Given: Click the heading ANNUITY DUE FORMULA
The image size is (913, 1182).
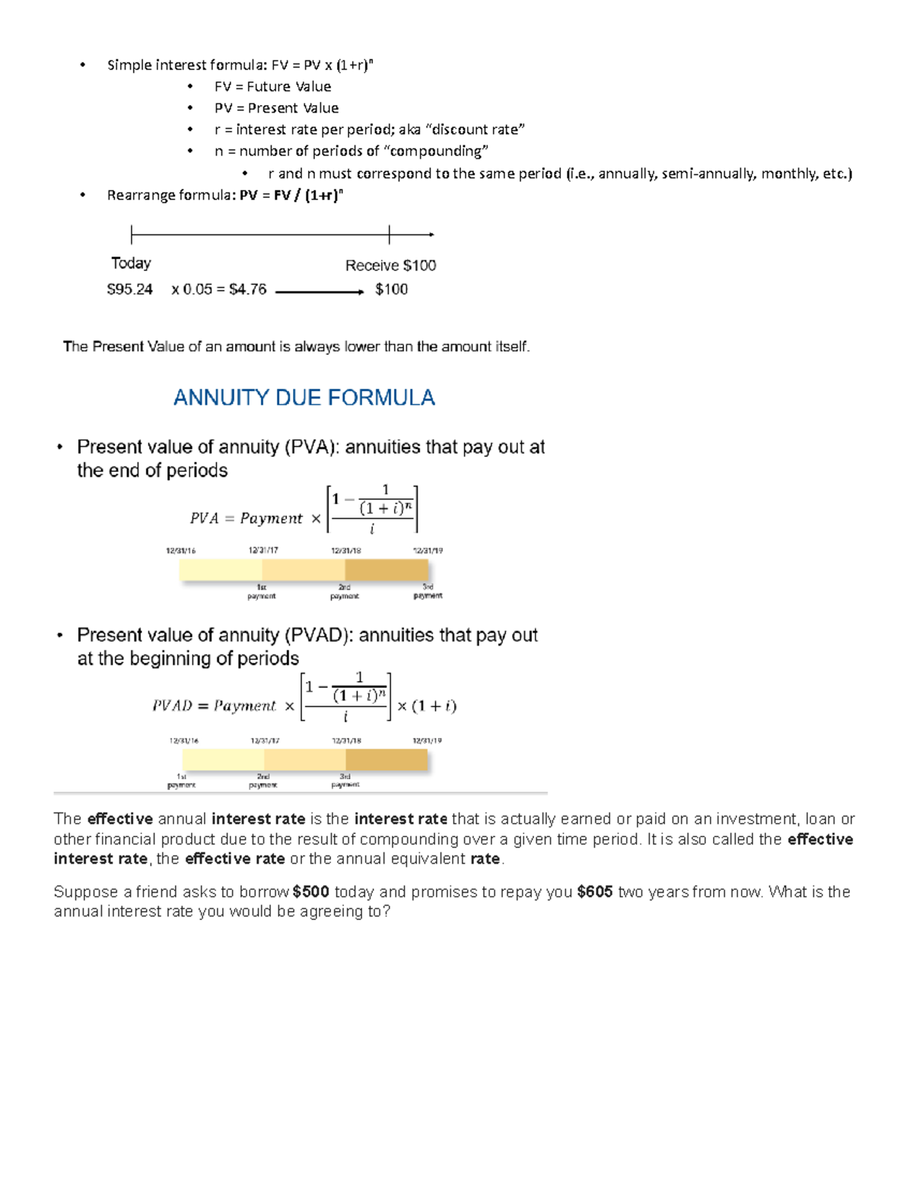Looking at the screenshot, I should click(x=304, y=397).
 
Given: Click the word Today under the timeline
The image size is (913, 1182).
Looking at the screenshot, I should click(x=131, y=263).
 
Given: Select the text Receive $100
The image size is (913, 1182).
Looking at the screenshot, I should click(x=390, y=266).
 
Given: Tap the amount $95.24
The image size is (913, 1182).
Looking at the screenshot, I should click(x=129, y=289).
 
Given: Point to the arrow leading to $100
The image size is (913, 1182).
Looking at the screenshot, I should click(x=319, y=292).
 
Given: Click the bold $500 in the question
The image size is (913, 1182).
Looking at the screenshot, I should click(x=310, y=892).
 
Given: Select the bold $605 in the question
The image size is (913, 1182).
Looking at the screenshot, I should click(x=595, y=892).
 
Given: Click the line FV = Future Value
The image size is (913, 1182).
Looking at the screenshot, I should click(x=272, y=87).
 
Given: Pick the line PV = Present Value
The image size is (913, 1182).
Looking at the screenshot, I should click(x=276, y=108).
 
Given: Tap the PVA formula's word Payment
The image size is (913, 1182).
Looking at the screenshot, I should click(x=271, y=518).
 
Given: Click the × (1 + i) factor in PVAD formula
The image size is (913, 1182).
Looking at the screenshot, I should click(x=426, y=706).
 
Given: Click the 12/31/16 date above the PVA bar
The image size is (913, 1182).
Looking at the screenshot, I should click(x=181, y=550).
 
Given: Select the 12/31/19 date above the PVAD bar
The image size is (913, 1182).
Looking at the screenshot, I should click(x=427, y=741).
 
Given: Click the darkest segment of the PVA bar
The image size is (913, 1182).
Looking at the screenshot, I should click(x=387, y=570).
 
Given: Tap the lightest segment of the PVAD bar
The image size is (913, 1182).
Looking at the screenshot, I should click(x=223, y=760).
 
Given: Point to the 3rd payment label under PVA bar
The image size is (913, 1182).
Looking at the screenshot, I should click(x=428, y=591).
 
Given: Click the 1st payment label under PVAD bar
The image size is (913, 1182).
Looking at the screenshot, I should click(x=181, y=781).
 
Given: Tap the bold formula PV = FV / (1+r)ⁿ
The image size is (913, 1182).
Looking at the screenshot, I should click(x=291, y=195).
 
